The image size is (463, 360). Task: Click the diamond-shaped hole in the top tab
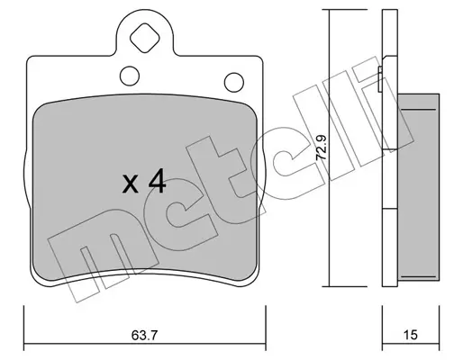pyautogui.click(x=144, y=38)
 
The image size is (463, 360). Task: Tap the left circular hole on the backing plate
pyautogui.click(x=130, y=76)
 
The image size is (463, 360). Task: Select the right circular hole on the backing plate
pyautogui.click(x=234, y=82)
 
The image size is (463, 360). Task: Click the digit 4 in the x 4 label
pyautogui.click(x=157, y=181)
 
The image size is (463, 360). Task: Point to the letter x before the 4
pyautogui.click(x=131, y=184)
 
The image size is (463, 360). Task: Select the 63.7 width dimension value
pyautogui.click(x=144, y=335)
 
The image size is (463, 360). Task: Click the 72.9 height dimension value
pyautogui.click(x=322, y=148)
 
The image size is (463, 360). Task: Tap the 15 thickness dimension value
pyautogui.click(x=411, y=335)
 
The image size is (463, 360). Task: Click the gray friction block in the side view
pyautogui.click(x=418, y=187)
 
